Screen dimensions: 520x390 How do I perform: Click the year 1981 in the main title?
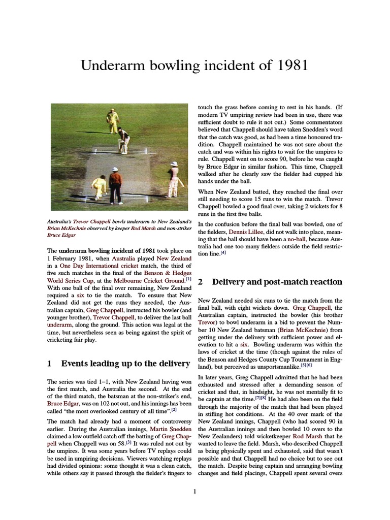290,66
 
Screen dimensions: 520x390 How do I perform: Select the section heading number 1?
49,364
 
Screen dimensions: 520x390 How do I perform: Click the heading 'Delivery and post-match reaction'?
277,282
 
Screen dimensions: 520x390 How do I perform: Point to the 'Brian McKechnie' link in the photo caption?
67,229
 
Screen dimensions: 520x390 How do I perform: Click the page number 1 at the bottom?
195,492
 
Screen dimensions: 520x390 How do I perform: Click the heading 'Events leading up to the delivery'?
118,364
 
